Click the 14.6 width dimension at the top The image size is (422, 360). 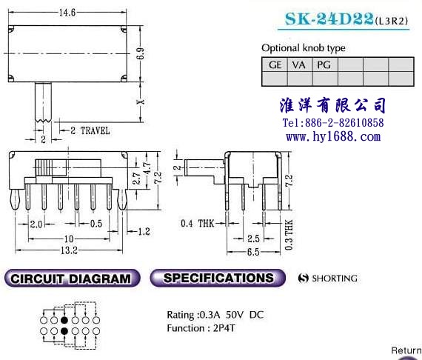(67, 13)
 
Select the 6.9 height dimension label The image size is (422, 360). (140, 53)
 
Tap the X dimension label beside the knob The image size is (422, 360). (140, 101)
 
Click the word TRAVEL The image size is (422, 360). (96, 131)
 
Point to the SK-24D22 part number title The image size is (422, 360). (329, 19)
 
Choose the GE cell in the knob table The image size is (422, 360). (275, 65)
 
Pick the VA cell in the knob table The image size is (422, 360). (299, 65)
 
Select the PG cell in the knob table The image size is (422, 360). (324, 65)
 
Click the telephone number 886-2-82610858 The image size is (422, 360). (344, 123)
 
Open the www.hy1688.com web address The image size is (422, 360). (333, 136)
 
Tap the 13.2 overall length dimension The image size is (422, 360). (69, 250)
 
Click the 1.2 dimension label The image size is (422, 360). (144, 231)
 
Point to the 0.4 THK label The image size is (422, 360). (198, 223)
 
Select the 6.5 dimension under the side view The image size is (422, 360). (253, 252)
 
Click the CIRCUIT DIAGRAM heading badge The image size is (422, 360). (72, 279)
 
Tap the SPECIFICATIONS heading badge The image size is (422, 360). (218, 278)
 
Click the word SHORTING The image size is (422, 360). (335, 278)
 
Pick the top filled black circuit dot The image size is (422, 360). (64, 320)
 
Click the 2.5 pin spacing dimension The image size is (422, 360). (253, 239)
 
